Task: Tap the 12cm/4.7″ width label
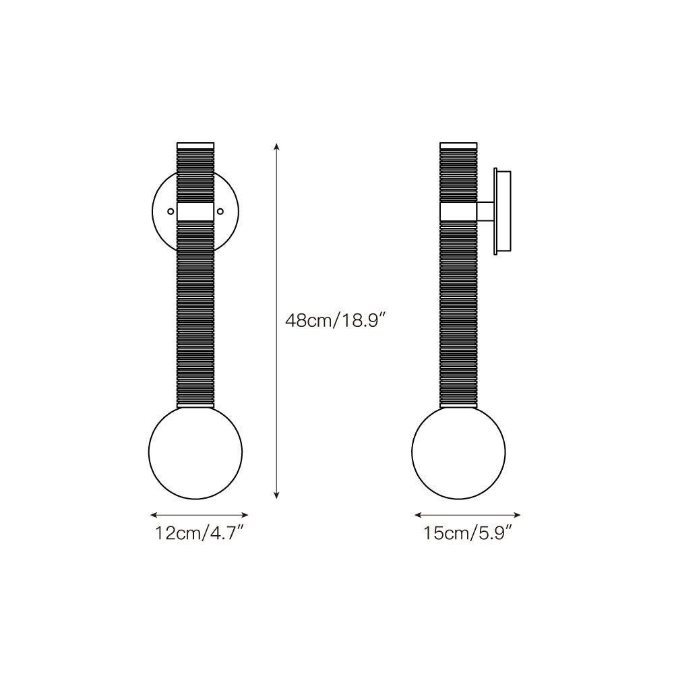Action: pyautogui.click(x=200, y=533)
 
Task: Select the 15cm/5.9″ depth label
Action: pyautogui.click(x=467, y=533)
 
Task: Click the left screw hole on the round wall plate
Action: pyautogui.click(x=171, y=211)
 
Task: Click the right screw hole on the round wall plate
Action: pyautogui.click(x=220, y=211)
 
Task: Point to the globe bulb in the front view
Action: pyautogui.click(x=195, y=452)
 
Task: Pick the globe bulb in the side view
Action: pyautogui.click(x=458, y=452)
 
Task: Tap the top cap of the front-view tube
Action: pyautogui.click(x=195, y=146)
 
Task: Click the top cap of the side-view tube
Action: pyautogui.click(x=458, y=146)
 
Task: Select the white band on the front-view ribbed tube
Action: pyautogui.click(x=195, y=212)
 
